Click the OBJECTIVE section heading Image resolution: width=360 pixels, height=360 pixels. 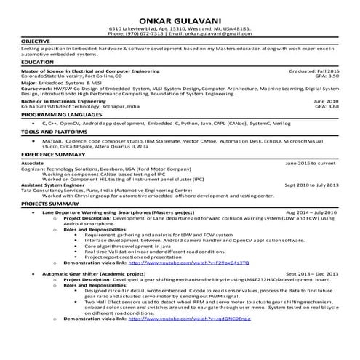click(x=36, y=42)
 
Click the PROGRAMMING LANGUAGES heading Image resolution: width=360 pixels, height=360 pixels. click(x=61, y=115)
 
